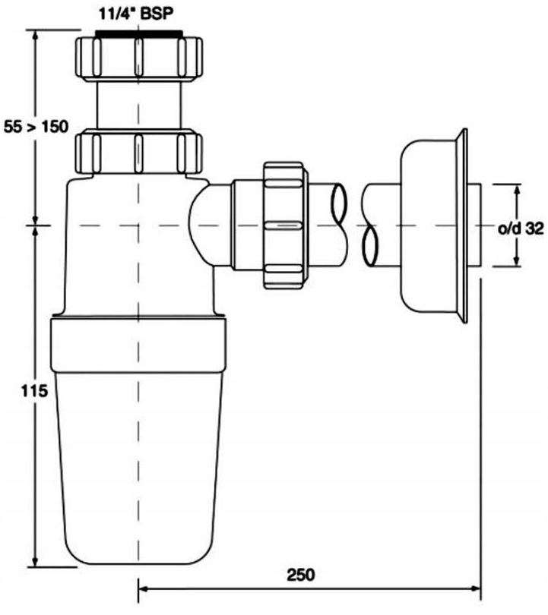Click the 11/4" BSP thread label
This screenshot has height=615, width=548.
[135, 14]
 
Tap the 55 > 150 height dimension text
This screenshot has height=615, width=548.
[36, 127]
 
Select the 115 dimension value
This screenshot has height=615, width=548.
[34, 391]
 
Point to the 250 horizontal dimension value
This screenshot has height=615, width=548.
[301, 575]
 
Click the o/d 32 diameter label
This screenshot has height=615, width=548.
[521, 229]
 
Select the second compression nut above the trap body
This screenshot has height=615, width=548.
[138, 153]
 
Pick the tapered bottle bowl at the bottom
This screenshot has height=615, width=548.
[138, 467]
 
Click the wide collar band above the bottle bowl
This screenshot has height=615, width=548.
[138, 345]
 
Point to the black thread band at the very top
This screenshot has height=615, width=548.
[139, 33]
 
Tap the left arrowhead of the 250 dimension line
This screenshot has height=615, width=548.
[144, 589]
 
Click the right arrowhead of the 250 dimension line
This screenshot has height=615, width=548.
[475, 589]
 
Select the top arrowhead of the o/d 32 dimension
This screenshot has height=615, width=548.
[517, 190]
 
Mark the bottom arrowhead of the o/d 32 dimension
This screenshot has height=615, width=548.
[517, 260]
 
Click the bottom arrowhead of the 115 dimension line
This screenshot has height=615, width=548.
[36, 560]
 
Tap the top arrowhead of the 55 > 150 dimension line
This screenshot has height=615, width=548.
[36, 36]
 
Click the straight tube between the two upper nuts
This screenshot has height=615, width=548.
[139, 105]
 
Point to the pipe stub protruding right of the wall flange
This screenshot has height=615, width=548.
[474, 225]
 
